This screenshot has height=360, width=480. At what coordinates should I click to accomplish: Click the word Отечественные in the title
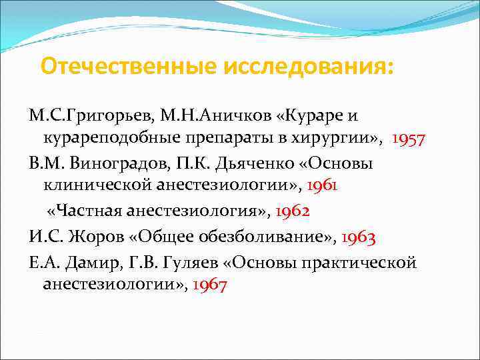pos(130,67)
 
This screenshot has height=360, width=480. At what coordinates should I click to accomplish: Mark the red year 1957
pos(409,139)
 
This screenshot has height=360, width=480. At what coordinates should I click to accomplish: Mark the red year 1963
pos(359,236)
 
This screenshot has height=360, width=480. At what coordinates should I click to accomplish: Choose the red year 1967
pos(210,285)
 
